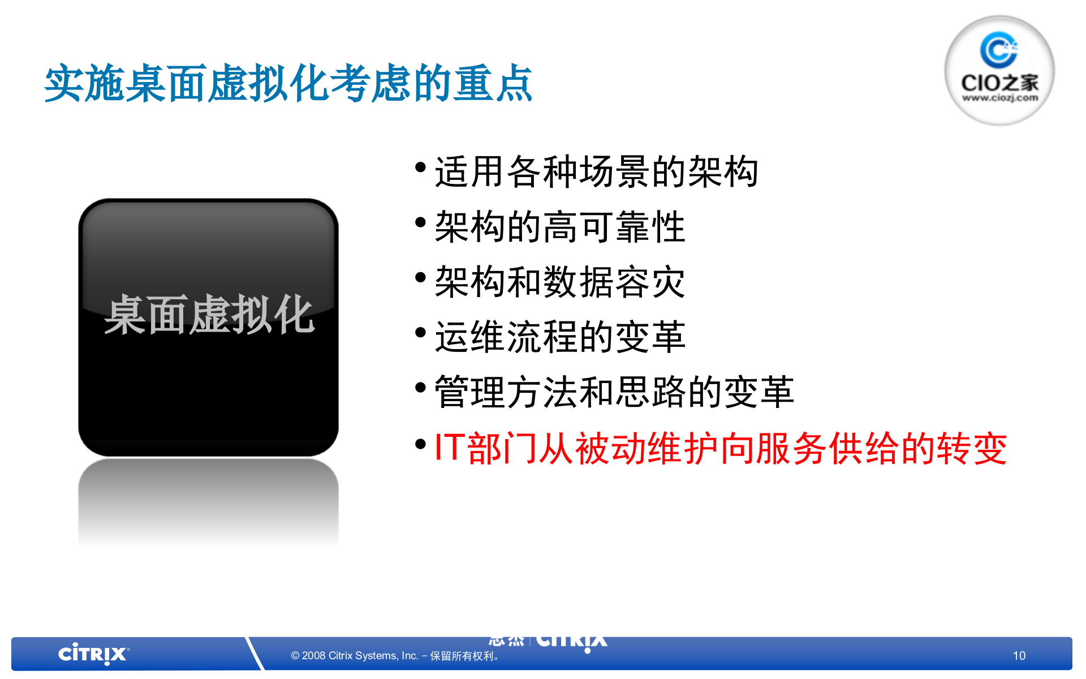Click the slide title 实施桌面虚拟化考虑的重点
click(x=288, y=84)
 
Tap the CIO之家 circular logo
click(x=999, y=70)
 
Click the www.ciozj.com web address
click(x=1000, y=98)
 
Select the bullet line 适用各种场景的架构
click(x=596, y=171)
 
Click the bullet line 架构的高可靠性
click(x=560, y=226)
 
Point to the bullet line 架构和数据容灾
click(x=560, y=282)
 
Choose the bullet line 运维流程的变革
click(x=560, y=337)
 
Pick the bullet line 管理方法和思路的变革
click(x=614, y=392)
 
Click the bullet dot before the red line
click(x=420, y=444)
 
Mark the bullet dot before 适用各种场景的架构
click(x=420, y=167)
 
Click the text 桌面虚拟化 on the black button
click(x=209, y=315)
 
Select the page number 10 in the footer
click(x=1019, y=655)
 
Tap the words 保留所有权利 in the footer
click(x=462, y=656)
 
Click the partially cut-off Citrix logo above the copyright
click(x=571, y=642)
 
